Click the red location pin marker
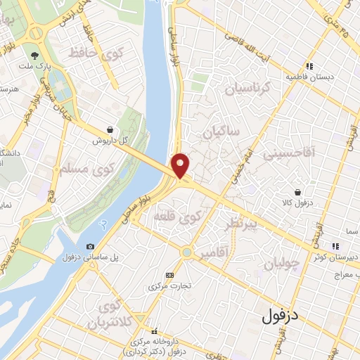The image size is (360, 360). pyautogui.click(x=181, y=166)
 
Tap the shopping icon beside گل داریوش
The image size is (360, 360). pyautogui.click(x=110, y=129)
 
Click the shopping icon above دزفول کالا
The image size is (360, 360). pyautogui.click(x=299, y=191)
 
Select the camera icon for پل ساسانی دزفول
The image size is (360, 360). pyautogui.click(x=90, y=246)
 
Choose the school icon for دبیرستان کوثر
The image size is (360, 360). pyautogui.click(x=335, y=245)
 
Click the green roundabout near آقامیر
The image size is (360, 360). pyautogui.click(x=187, y=252)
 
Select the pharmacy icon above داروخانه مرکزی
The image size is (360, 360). pyautogui.click(x=154, y=330)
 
